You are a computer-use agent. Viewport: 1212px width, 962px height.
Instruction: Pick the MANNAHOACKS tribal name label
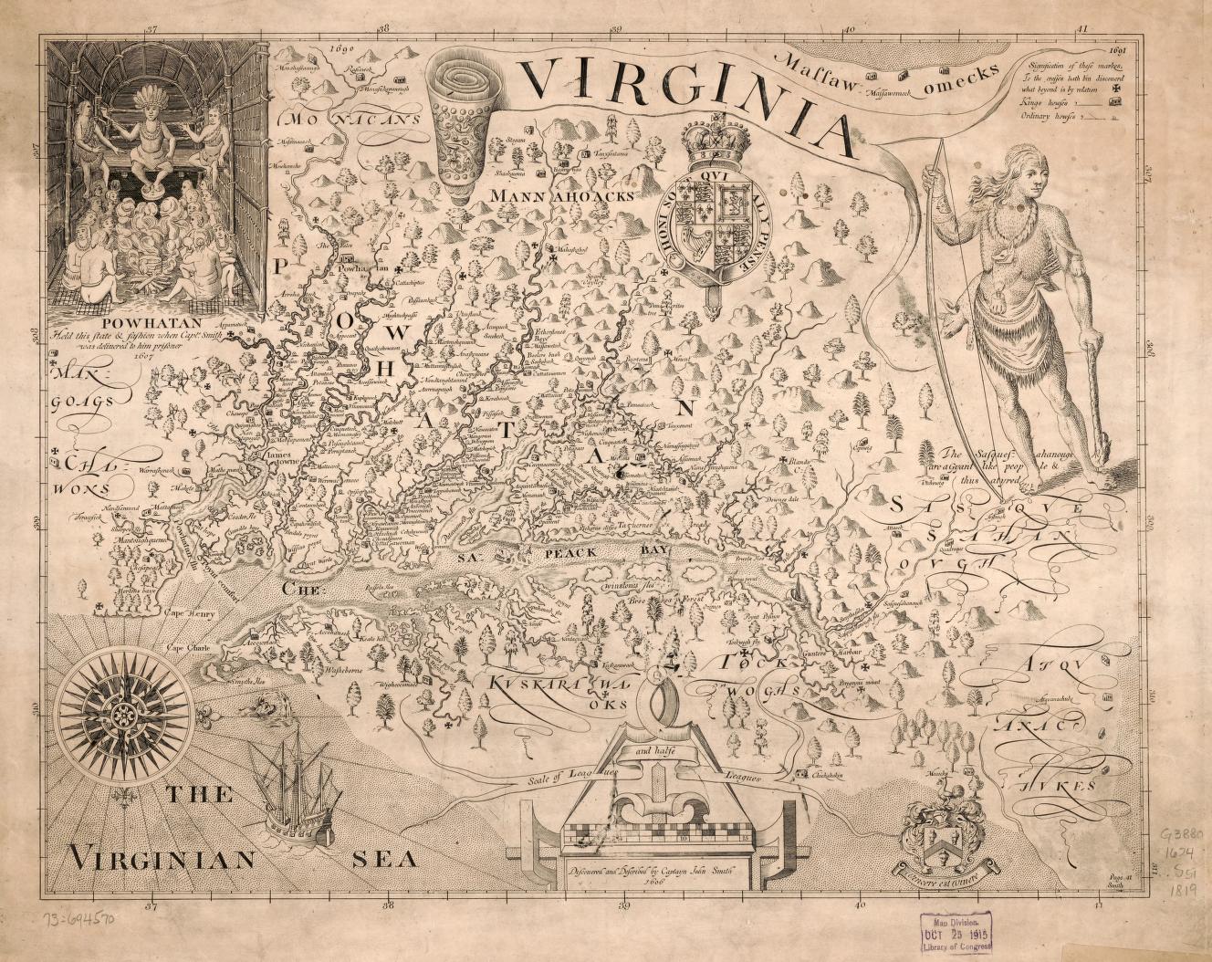click(560, 195)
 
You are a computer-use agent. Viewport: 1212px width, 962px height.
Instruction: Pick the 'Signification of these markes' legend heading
click(1072, 67)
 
